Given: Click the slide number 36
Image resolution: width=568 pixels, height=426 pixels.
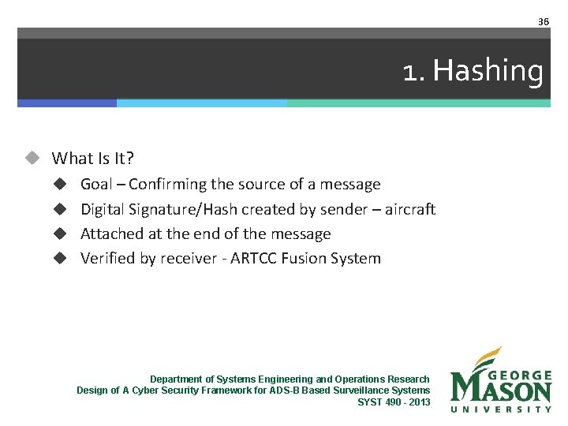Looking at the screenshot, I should (x=543, y=21).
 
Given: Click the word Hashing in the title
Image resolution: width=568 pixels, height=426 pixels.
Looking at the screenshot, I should (x=488, y=71).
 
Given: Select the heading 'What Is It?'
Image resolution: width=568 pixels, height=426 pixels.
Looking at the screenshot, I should (x=92, y=158).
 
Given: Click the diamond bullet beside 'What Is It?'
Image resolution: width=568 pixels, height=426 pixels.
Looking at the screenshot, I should (x=32, y=158).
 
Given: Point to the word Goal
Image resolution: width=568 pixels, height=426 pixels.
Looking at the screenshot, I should (x=96, y=185).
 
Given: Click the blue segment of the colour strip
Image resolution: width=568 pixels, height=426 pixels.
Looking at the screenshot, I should (x=67, y=103).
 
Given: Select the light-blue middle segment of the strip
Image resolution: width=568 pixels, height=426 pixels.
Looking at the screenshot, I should (x=201, y=103).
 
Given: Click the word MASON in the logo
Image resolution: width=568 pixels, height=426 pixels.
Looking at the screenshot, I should (x=501, y=390).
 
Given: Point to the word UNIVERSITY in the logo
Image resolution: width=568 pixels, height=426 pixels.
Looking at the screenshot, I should (x=501, y=409).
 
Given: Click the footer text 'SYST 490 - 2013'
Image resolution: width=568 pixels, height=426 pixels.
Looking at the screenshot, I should (x=394, y=402).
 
